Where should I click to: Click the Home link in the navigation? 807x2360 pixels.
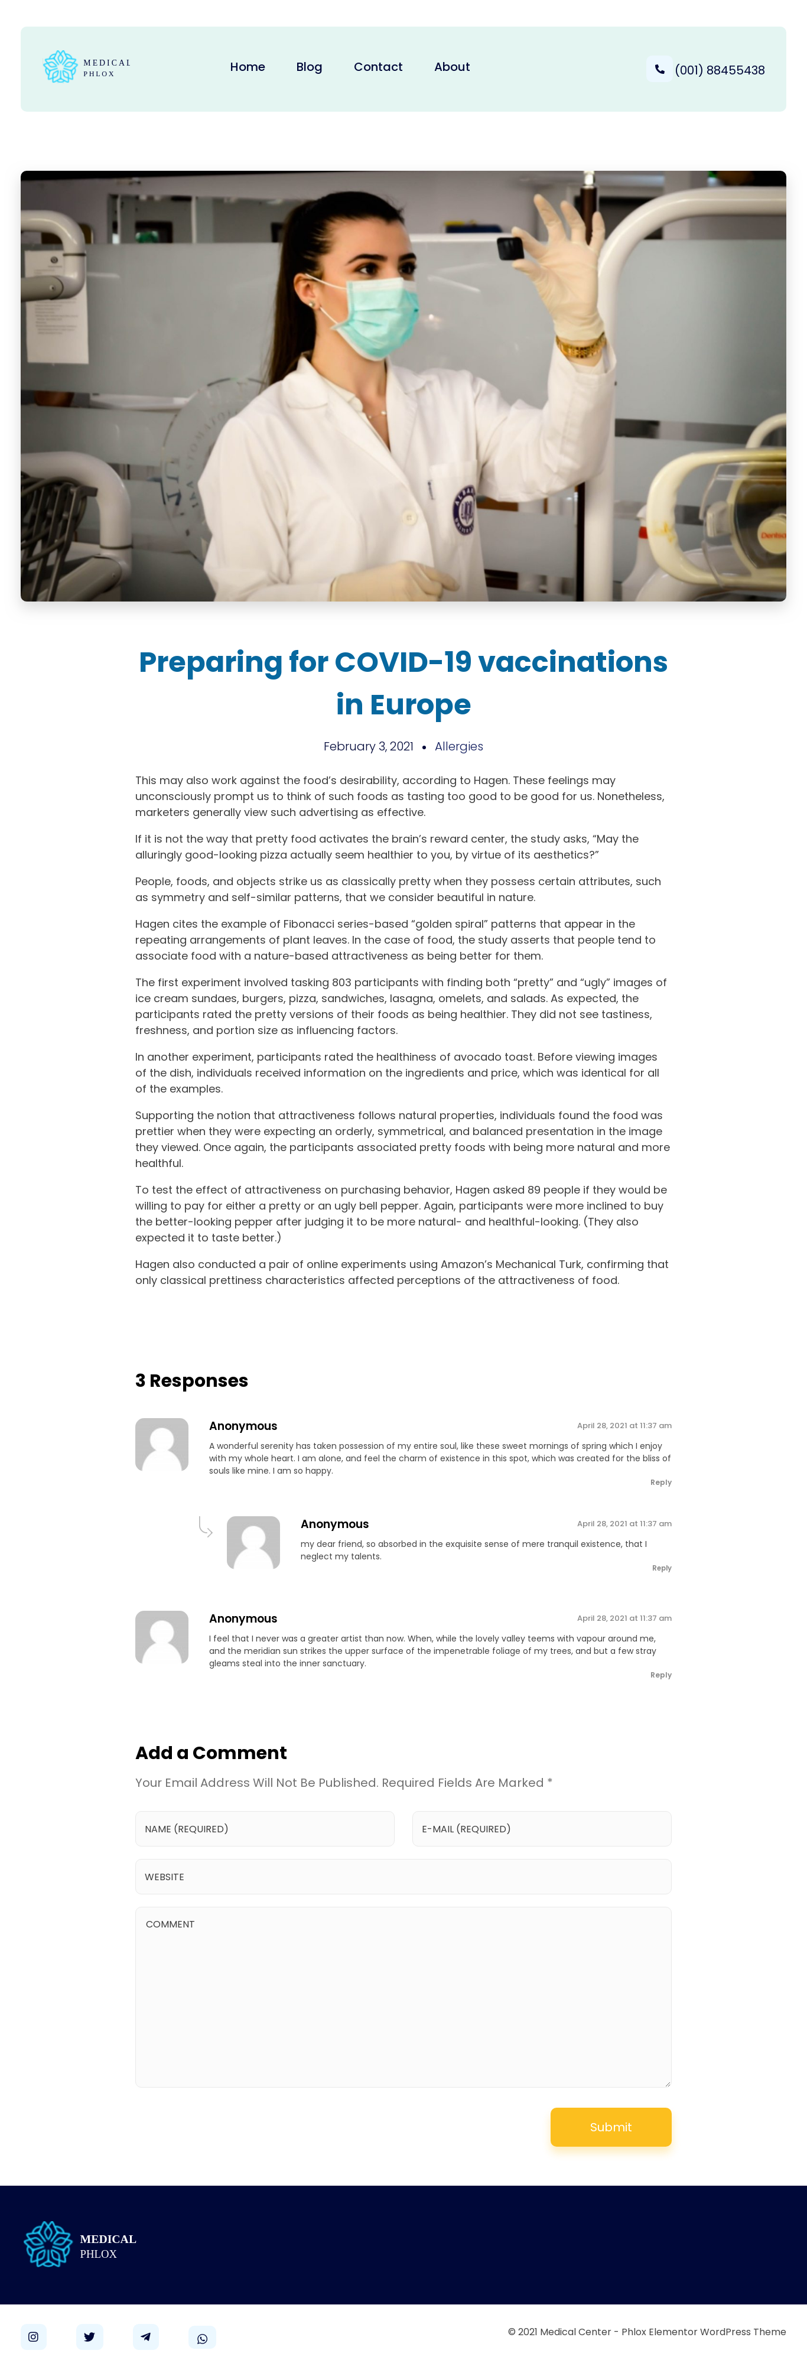[248, 67]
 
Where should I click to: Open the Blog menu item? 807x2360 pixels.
[309, 67]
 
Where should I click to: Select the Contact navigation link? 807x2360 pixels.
[378, 67]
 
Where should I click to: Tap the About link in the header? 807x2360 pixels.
[451, 67]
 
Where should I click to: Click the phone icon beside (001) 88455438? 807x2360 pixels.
[659, 70]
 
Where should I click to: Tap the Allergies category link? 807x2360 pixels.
[459, 747]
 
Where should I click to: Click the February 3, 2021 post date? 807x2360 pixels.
[368, 747]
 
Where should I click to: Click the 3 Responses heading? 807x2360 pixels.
[191, 1381]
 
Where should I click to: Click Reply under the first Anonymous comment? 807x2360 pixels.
[660, 1483]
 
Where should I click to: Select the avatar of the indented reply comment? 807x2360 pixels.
[253, 1543]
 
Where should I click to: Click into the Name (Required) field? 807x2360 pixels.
[265, 1829]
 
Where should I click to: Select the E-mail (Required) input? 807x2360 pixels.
[541, 1829]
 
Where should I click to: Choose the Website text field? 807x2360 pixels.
[403, 1877]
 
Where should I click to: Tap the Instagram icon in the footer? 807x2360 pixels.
[33, 2336]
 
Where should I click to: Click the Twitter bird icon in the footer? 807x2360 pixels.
[89, 2336]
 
